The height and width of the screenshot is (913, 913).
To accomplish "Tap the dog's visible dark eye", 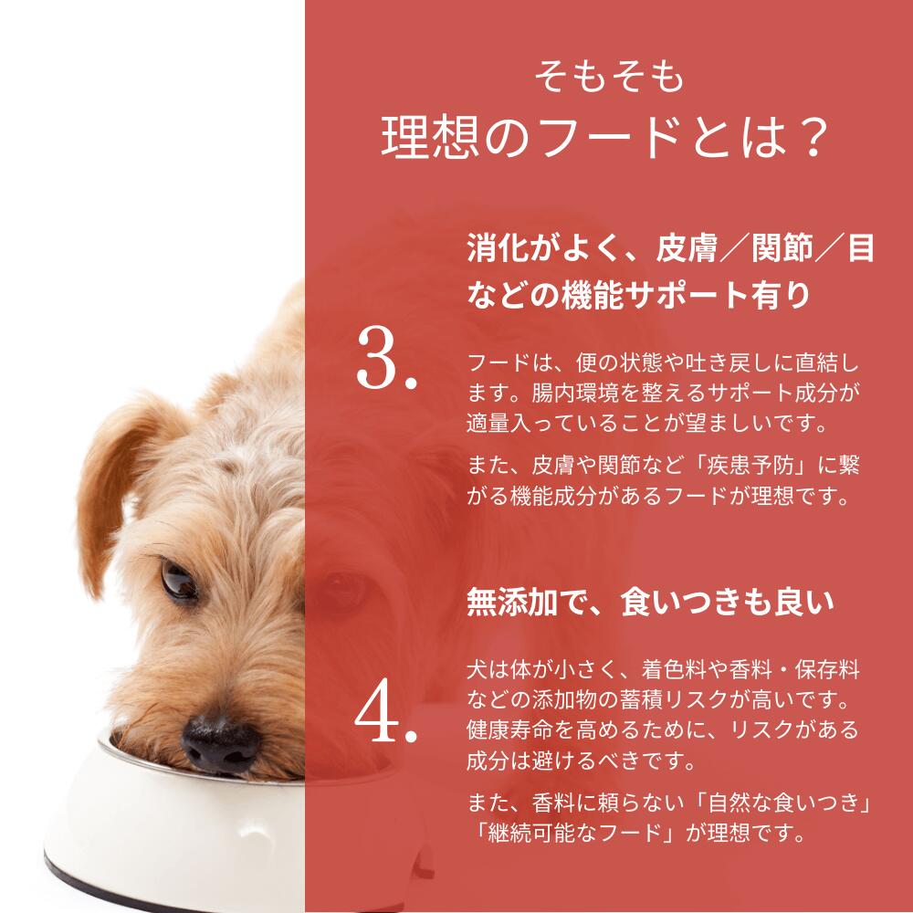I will [x=178, y=578].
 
